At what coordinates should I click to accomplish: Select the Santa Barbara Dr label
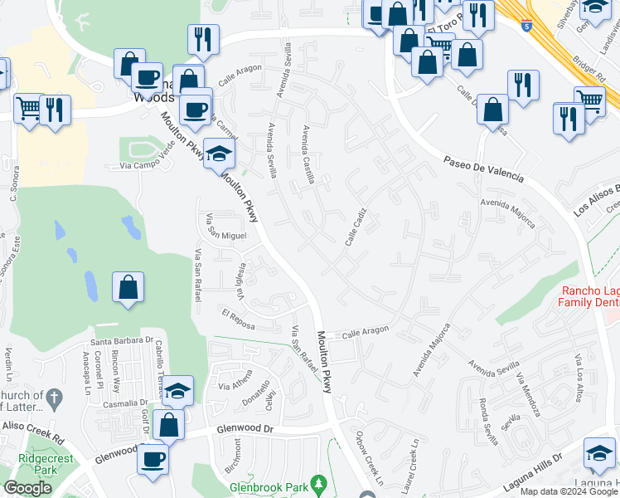(124, 339)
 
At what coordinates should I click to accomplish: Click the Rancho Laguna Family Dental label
(590, 296)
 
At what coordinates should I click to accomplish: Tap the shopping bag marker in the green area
(128, 288)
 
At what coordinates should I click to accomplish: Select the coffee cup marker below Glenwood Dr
(153, 458)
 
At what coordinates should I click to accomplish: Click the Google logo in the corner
(28, 488)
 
